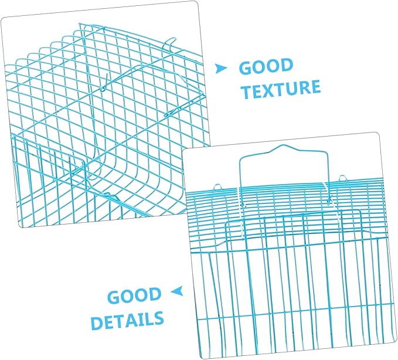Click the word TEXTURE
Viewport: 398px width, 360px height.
[281, 89]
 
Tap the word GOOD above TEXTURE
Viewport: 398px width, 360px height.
[266, 66]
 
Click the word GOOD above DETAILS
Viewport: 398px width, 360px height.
[135, 296]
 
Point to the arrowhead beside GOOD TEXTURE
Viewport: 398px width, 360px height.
[220, 69]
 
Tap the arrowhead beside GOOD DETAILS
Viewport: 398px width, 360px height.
[178, 291]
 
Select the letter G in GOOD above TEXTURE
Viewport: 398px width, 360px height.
[246, 68]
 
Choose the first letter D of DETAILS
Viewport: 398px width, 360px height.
[97, 322]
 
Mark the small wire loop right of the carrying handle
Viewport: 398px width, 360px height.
[343, 178]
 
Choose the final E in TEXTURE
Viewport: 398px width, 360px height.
[315, 87]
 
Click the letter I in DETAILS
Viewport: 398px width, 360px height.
[139, 320]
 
